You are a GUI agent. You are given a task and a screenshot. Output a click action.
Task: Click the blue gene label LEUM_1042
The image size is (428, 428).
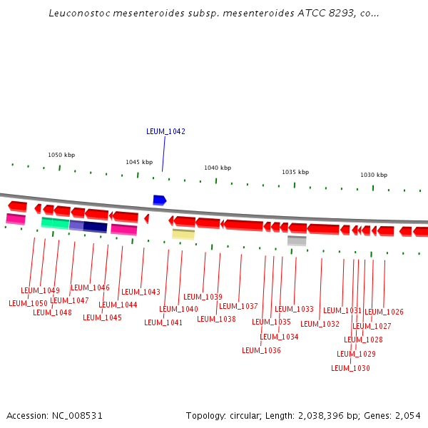(x=165, y=131)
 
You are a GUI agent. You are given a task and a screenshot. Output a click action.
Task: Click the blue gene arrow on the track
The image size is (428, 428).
(x=159, y=200)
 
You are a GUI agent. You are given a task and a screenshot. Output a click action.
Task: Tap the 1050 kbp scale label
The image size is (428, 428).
(x=61, y=155)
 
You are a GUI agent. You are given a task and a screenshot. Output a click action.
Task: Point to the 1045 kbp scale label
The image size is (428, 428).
(x=139, y=162)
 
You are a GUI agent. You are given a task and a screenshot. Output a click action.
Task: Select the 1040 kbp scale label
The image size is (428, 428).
(x=218, y=168)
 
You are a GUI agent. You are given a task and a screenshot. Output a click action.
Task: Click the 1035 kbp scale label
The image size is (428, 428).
(x=295, y=172)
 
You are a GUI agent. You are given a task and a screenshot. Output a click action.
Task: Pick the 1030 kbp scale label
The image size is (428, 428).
(x=373, y=175)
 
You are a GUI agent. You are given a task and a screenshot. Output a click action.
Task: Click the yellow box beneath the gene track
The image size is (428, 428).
(x=183, y=234)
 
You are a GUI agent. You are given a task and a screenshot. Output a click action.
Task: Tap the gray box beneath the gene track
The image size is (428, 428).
(x=297, y=241)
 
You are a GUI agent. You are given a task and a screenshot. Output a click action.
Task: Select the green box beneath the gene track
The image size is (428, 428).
(x=55, y=223)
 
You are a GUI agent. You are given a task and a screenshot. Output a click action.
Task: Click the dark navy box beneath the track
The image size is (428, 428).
(x=95, y=227)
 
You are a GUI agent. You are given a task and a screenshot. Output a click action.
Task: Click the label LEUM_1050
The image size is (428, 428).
(x=28, y=303)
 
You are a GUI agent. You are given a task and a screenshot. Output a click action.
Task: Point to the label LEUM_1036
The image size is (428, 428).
(x=261, y=350)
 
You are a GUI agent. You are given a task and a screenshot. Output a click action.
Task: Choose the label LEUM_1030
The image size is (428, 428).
(x=350, y=368)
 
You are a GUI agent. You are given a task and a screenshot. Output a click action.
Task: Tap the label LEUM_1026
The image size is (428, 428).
(x=384, y=312)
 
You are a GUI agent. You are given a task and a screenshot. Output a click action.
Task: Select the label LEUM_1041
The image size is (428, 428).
(x=163, y=322)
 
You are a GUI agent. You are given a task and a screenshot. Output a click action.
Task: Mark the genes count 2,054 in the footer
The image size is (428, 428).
(x=407, y=415)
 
